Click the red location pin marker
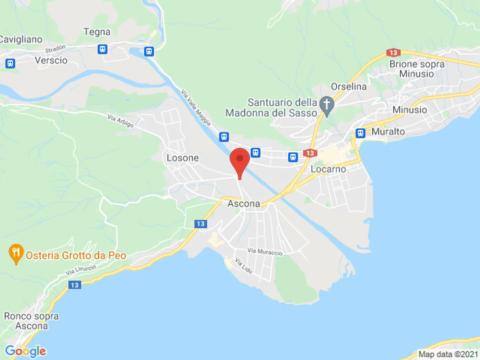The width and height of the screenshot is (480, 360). point(240,160)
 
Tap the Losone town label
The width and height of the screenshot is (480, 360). point(183,158)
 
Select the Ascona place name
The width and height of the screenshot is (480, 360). point(244,204)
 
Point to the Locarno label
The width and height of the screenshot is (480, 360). point(328,169)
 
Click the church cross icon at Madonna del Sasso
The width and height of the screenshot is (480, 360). point(326,105)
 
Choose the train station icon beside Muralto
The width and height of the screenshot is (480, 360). point(360,133)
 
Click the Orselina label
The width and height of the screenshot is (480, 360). point(349,87)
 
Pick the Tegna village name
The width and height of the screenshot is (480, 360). point(97,32)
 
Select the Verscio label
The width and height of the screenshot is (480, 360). point(51,60)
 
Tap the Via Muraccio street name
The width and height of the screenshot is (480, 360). point(265,252)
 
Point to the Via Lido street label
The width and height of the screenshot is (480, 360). point(244,265)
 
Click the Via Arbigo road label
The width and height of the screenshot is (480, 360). point(121,121)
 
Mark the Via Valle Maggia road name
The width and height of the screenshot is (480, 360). point(196,107)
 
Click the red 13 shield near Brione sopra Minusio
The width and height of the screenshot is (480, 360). point(393,53)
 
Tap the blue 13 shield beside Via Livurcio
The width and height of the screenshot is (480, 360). point(75,285)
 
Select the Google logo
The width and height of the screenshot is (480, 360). point(26,351)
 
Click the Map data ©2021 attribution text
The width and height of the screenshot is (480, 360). point(448,354)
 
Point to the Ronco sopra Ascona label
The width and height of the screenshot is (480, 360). point(31,321)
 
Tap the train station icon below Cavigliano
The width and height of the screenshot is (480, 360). point(10,63)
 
